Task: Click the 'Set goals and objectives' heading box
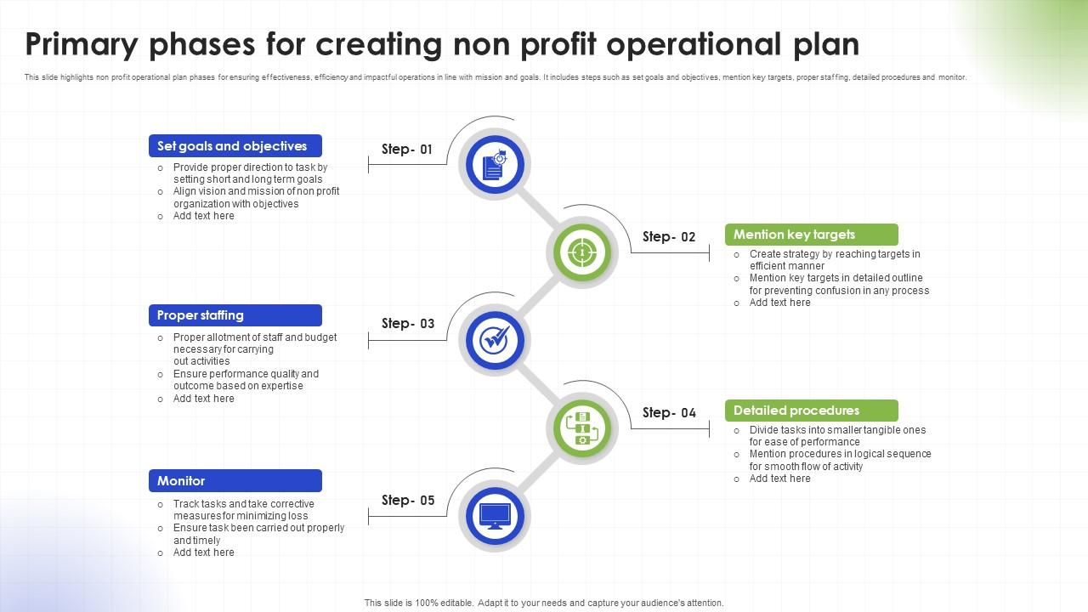point(235,145)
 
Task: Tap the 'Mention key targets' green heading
point(811,235)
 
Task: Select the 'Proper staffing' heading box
point(235,315)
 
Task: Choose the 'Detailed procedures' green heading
point(811,411)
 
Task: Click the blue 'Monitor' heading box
point(235,480)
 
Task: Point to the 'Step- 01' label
point(407,149)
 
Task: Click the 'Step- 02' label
point(669,236)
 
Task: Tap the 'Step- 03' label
point(408,324)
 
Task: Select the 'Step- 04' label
point(669,412)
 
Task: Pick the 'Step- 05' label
point(408,500)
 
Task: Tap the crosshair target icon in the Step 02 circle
point(582,252)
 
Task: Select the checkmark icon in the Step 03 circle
point(495,340)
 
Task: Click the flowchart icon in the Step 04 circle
point(582,428)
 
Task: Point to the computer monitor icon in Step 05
point(495,516)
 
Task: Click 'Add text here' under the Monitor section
point(203,552)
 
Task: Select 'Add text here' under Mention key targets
point(779,303)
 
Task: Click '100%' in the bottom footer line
point(427,603)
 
